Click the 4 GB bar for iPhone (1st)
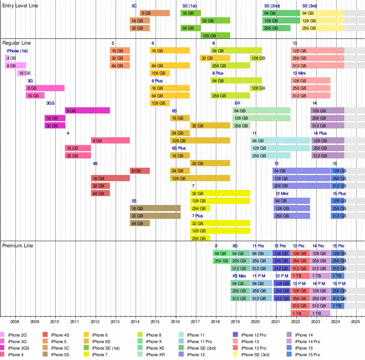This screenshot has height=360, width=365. pyautogui.click(x=7, y=58)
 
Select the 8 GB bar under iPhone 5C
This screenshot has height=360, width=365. pyautogui.click(x=155, y=13)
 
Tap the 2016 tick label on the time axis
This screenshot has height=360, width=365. pyautogui.click(x=175, y=322)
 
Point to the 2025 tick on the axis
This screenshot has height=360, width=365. pyautogui.click(x=355, y=322)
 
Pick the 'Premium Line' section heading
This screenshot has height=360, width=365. pyautogui.click(x=18, y=245)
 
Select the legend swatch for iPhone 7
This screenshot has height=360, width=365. pyautogui.click(x=86, y=355)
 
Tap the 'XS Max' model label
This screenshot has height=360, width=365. pyautogui.click(x=239, y=276)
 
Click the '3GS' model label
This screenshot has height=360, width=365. pyautogui.click(x=51, y=103)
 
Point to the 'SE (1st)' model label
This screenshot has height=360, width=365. pyautogui.click(x=189, y=6)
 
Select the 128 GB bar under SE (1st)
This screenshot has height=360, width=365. pyautogui.click(x=215, y=35)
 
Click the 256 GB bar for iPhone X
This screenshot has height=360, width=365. pyautogui.click(x=221, y=261)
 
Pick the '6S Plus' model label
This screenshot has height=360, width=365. pyautogui.click(x=179, y=148)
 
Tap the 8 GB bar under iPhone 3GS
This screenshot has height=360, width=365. pyautogui.click(x=87, y=111)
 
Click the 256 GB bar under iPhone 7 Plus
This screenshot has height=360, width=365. pyautogui.click(x=200, y=238)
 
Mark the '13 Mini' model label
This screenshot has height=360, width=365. pyautogui.click(x=299, y=73)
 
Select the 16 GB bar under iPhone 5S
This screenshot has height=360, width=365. pyautogui.click(x=155, y=208)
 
